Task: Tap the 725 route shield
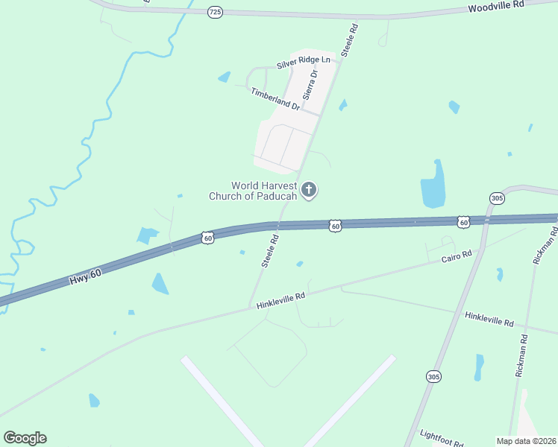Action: pos(216,11)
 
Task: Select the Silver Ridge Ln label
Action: pos(303,62)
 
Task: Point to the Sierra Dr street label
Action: pos(310,85)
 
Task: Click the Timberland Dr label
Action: pos(275,99)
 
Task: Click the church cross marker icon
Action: pos(309,191)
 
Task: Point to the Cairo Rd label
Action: pos(457,256)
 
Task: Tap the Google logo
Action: pos(25,438)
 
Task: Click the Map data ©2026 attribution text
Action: pos(526,440)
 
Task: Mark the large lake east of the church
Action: pos(433,186)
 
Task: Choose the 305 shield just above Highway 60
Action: pos(497,197)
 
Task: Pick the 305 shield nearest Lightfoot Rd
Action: pos(433,377)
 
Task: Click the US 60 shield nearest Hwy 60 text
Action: pos(207,237)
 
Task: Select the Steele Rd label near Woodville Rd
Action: pos(349,39)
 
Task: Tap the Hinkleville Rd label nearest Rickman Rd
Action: pos(489,320)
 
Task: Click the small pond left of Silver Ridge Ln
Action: pos(224,77)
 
